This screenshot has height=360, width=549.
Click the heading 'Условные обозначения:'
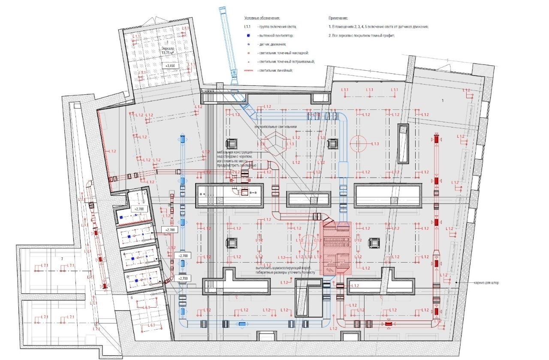(262, 18)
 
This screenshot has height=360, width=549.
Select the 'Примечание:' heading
(338, 18)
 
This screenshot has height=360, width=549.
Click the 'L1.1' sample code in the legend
(247, 27)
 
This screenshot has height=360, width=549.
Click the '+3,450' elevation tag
(171, 66)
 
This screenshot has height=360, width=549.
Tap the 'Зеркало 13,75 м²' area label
(168, 51)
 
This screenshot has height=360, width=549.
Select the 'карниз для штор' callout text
(486, 283)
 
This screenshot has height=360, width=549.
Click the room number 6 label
(132, 297)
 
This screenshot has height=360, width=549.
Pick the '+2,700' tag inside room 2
(139, 209)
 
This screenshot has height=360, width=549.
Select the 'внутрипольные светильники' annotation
(275, 127)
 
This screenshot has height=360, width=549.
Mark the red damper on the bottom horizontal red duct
(389, 324)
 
